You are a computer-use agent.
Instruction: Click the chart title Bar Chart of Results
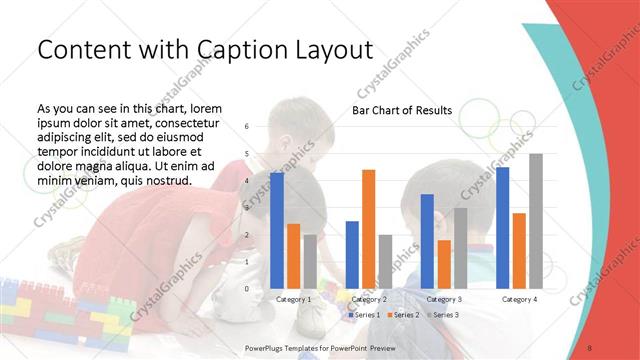(401, 110)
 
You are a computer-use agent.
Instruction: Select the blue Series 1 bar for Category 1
(277, 231)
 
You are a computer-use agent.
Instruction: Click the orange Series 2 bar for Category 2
(368, 229)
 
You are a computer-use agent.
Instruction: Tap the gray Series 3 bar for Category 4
(536, 221)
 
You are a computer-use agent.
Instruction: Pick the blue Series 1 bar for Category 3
(427, 241)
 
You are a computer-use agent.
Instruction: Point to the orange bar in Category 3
(444, 264)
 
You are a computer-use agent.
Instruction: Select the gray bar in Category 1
(310, 261)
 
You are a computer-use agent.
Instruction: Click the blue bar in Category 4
(502, 228)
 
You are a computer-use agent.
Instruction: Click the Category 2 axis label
(369, 299)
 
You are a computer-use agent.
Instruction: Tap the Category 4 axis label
(519, 299)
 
